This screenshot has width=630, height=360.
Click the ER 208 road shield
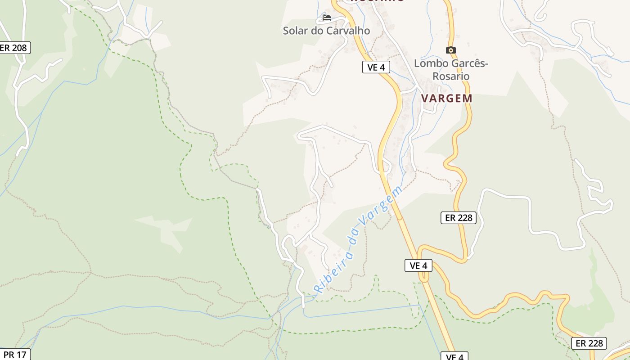pyautogui.click(x=14, y=48)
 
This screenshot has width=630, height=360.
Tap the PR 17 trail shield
pyautogui.click(x=15, y=355)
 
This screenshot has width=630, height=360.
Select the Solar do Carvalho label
pyautogui.click(x=326, y=31)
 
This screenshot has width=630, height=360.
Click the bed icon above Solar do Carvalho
pyautogui.click(x=327, y=18)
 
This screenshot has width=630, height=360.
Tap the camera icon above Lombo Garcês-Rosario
pyautogui.click(x=450, y=50)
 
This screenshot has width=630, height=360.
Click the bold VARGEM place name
pyautogui.click(x=447, y=98)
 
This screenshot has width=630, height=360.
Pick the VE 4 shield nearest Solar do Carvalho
pyautogui.click(x=376, y=67)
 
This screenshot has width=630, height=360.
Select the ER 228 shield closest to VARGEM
pyautogui.click(x=458, y=218)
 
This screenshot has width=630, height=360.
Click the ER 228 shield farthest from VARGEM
pyautogui.click(x=589, y=343)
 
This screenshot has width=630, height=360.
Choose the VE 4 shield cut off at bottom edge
pyautogui.click(x=454, y=356)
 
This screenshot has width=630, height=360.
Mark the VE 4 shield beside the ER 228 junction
pyautogui.click(x=418, y=266)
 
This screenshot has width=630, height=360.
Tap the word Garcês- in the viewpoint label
pyautogui.click(x=468, y=63)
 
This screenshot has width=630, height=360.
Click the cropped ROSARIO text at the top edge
pyautogui.click(x=377, y=1)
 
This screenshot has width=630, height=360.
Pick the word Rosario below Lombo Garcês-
pyautogui.click(x=451, y=76)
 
